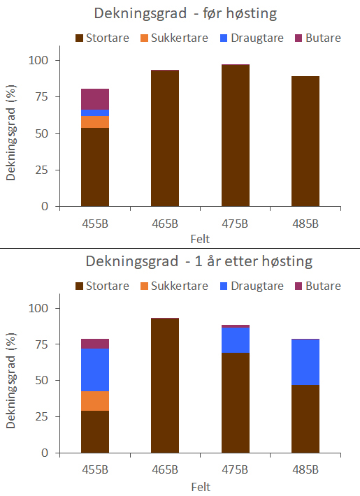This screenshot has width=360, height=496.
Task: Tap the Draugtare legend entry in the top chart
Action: pos(252,38)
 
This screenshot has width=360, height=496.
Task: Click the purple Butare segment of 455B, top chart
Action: pos(95,99)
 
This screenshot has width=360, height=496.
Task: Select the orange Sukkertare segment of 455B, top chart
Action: pos(95,122)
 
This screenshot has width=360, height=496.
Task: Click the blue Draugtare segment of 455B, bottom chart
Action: pos(95,370)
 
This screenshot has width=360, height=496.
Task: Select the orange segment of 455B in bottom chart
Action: pos(95,401)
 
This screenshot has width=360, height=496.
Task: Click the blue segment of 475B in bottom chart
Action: pos(235,340)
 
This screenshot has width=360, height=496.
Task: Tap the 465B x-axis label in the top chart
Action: pos(165,224)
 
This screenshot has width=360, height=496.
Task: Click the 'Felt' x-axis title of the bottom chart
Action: pos(200,486)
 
